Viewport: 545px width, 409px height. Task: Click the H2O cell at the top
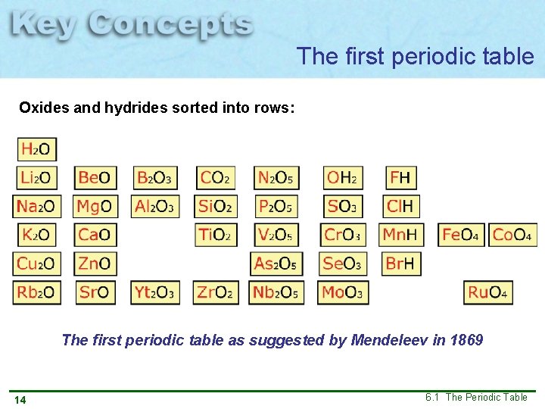36,149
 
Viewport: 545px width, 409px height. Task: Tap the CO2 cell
215,178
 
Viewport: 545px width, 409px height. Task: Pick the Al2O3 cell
155,206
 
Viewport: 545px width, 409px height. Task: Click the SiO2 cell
215,206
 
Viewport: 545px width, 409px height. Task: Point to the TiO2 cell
215,235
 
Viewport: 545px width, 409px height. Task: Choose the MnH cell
401,235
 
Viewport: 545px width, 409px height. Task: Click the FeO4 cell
460,235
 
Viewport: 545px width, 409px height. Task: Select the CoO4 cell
512,235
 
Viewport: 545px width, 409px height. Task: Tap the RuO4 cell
487,292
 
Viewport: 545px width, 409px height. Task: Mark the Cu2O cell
36,264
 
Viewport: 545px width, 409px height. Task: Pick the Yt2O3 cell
155,292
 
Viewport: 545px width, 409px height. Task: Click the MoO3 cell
343,292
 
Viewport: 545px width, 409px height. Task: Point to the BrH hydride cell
401,264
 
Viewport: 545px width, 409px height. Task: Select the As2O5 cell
276,264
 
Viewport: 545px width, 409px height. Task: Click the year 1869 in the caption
466,340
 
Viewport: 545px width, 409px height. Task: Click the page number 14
20,399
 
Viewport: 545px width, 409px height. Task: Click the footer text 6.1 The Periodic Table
476,397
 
